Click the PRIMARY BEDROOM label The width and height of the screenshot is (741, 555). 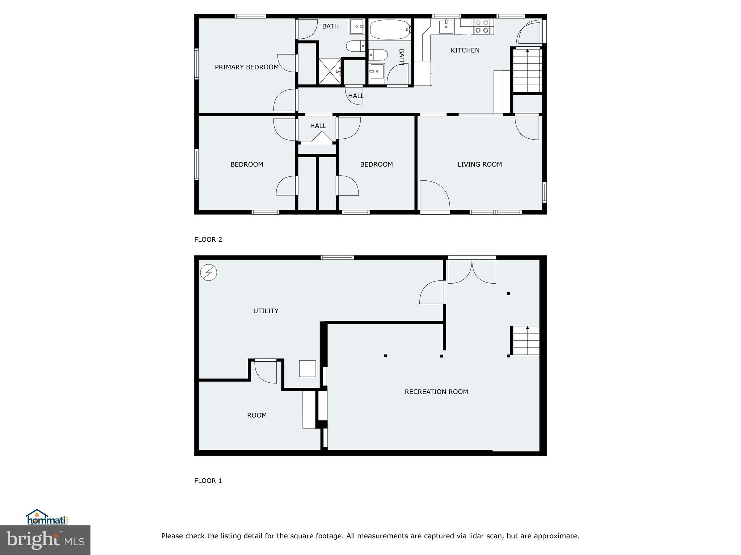point(246,67)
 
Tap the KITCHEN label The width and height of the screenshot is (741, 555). point(465,50)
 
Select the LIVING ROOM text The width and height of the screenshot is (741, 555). point(479,164)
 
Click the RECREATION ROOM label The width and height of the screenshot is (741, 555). point(436,392)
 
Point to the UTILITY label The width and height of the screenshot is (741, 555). point(266,311)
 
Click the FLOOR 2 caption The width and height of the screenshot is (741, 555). point(208,240)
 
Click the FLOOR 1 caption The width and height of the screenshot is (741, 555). point(208,481)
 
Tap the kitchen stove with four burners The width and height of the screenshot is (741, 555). point(482,27)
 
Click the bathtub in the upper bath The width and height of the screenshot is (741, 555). point(390,30)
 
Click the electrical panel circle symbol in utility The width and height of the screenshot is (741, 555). point(208,272)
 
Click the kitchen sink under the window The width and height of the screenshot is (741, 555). point(446,27)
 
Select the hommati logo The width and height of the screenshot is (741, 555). point(47,517)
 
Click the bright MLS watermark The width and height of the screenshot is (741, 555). point(45,540)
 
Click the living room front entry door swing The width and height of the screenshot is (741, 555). point(434,195)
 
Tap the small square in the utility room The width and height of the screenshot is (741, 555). point(307,369)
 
